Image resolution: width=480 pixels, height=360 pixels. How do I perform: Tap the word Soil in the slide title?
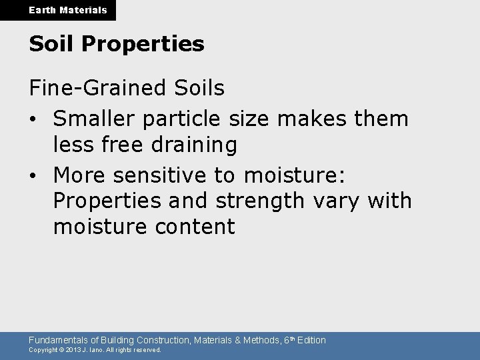[x=48, y=45]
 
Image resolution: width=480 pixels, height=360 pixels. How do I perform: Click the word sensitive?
[x=157, y=175]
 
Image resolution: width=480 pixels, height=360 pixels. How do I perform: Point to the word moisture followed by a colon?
[x=293, y=175]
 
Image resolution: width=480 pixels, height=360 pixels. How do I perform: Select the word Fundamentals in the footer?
[x=56, y=340]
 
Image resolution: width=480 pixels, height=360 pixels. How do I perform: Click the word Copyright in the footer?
[x=42, y=349]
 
